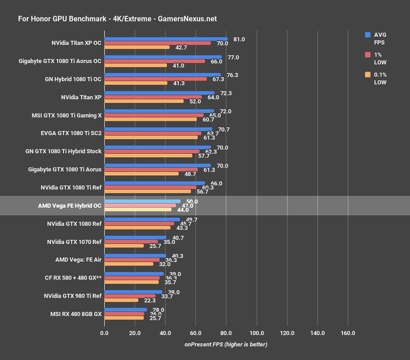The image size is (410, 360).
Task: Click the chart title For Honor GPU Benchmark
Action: pyautogui.click(x=117, y=19)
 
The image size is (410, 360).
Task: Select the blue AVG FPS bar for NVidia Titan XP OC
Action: pyautogui.click(x=166, y=39)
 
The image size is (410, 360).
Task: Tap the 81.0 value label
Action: pyautogui.click(x=239, y=39)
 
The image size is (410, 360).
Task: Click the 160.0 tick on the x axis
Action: pyautogui.click(x=348, y=333)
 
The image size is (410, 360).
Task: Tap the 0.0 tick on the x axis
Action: pyautogui.click(x=104, y=333)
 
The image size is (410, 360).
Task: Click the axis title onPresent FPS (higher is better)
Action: pyautogui.click(x=226, y=345)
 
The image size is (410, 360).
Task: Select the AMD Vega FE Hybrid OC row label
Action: pyautogui.click(x=70, y=205)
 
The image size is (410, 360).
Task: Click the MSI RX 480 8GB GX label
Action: pyautogui.click(x=75, y=314)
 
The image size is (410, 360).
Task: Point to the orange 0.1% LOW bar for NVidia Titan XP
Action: pyautogui.click(x=144, y=101)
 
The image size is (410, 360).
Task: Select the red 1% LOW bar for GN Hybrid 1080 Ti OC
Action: pyautogui.click(x=156, y=79)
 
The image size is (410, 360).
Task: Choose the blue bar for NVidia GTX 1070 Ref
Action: pyautogui.click(x=135, y=237)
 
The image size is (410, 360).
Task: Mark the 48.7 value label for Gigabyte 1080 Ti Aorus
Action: pyautogui.click(x=190, y=174)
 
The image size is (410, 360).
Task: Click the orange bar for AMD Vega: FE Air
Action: pyautogui.click(x=129, y=264)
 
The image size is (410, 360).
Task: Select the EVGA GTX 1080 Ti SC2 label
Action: pyautogui.click(x=71, y=133)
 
